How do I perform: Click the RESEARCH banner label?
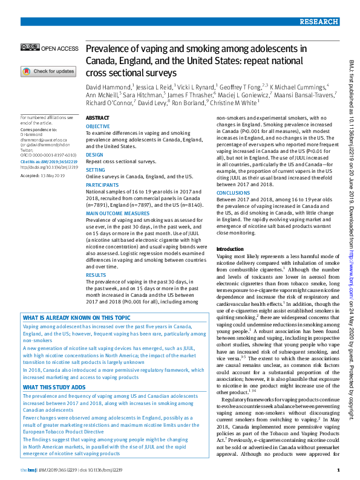coord(318,22)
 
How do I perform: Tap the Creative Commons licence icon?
coord(30,48)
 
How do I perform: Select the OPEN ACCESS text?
coord(59,48)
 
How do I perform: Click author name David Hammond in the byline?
coord(108,87)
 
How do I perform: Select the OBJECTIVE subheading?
coord(98,126)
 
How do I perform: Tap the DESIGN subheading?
coord(94,155)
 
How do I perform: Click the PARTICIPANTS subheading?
coord(102,186)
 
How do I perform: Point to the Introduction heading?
coord(230,249)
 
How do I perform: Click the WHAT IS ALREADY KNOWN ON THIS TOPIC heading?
coord(76,317)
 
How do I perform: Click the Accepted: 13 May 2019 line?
coord(42,175)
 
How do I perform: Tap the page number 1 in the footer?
coord(338,470)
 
